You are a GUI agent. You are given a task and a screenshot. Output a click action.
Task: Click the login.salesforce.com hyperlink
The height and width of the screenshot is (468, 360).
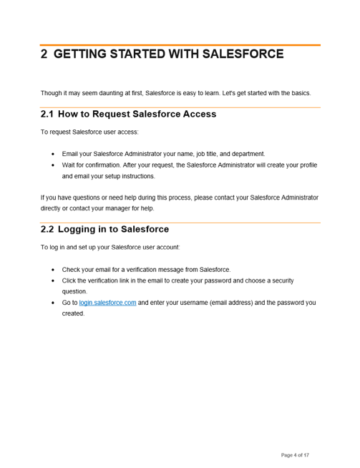107,303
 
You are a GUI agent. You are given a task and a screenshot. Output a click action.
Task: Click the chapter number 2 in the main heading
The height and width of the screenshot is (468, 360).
44,54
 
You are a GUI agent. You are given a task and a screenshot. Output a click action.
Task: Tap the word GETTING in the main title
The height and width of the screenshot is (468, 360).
82,54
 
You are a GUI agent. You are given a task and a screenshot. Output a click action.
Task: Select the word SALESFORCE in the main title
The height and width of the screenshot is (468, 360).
243,54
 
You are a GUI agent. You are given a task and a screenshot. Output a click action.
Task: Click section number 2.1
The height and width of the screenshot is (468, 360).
47,114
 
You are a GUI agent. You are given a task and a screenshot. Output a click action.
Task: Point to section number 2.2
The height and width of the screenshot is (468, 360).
47,230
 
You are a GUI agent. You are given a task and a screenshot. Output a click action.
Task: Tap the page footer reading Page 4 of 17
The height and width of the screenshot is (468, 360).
295,455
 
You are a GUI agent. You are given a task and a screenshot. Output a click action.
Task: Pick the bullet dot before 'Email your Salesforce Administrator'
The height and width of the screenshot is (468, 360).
53,154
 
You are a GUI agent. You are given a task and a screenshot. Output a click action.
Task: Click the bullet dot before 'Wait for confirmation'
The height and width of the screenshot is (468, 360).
53,165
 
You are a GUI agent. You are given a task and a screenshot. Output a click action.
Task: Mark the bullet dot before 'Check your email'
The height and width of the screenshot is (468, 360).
53,270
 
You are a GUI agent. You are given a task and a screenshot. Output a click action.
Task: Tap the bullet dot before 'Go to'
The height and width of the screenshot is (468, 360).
53,303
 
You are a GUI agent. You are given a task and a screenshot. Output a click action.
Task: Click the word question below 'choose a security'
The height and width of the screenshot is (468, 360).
74,291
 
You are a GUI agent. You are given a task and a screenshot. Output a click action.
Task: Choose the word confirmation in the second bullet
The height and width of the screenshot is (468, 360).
99,165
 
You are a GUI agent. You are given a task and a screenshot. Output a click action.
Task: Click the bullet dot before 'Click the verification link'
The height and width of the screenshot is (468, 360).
53,281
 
